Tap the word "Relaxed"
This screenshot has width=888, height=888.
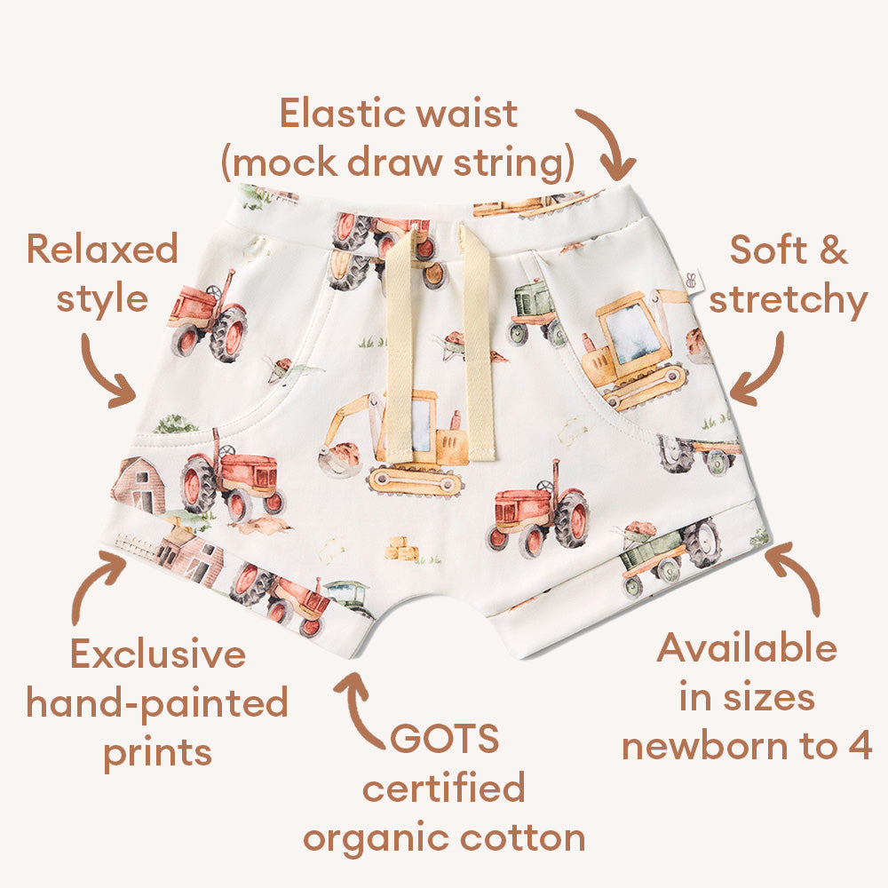pyautogui.click(x=102, y=249)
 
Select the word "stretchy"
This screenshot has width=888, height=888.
pyautogui.click(x=788, y=300)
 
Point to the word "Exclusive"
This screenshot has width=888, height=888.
pyautogui.click(x=158, y=654)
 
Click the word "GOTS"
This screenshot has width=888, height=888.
pyautogui.click(x=444, y=739)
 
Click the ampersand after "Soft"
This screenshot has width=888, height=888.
pyautogui.click(x=833, y=250)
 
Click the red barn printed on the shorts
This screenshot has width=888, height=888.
pyautogui.click(x=139, y=486)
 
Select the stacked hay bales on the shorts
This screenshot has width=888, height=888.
pyautogui.click(x=402, y=550)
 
